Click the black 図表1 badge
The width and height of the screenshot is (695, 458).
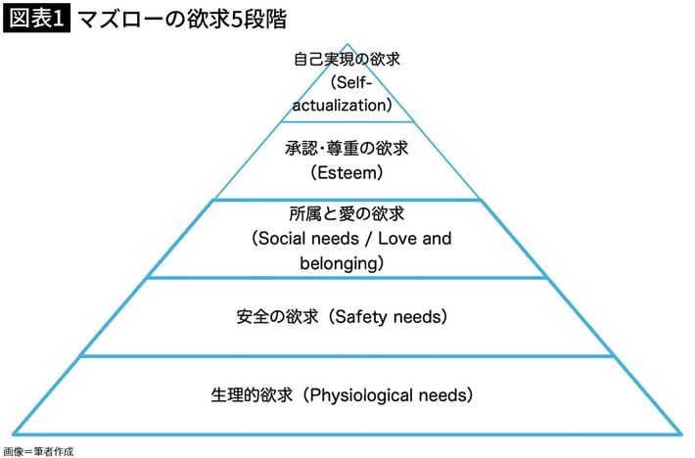tap(36, 19)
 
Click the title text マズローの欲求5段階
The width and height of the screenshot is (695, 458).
tap(182, 19)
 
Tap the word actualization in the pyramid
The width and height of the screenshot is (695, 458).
tap(345, 104)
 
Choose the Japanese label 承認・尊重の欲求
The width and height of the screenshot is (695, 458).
tap(347, 150)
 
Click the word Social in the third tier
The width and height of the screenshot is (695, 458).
tap(285, 238)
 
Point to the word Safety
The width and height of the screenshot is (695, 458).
tap(361, 317)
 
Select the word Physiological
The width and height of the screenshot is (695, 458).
tap(362, 396)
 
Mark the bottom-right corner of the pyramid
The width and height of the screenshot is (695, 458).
tap(681, 434)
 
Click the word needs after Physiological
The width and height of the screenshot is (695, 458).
tap(443, 396)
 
